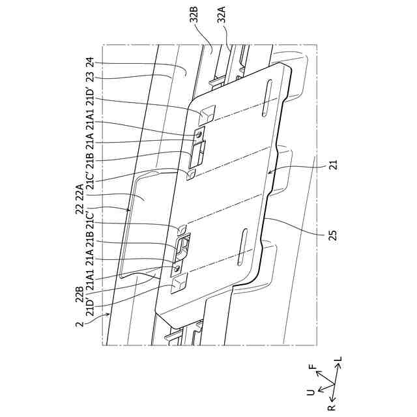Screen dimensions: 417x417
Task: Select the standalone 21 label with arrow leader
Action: click(333, 167)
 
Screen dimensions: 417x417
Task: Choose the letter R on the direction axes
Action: click(332, 407)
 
